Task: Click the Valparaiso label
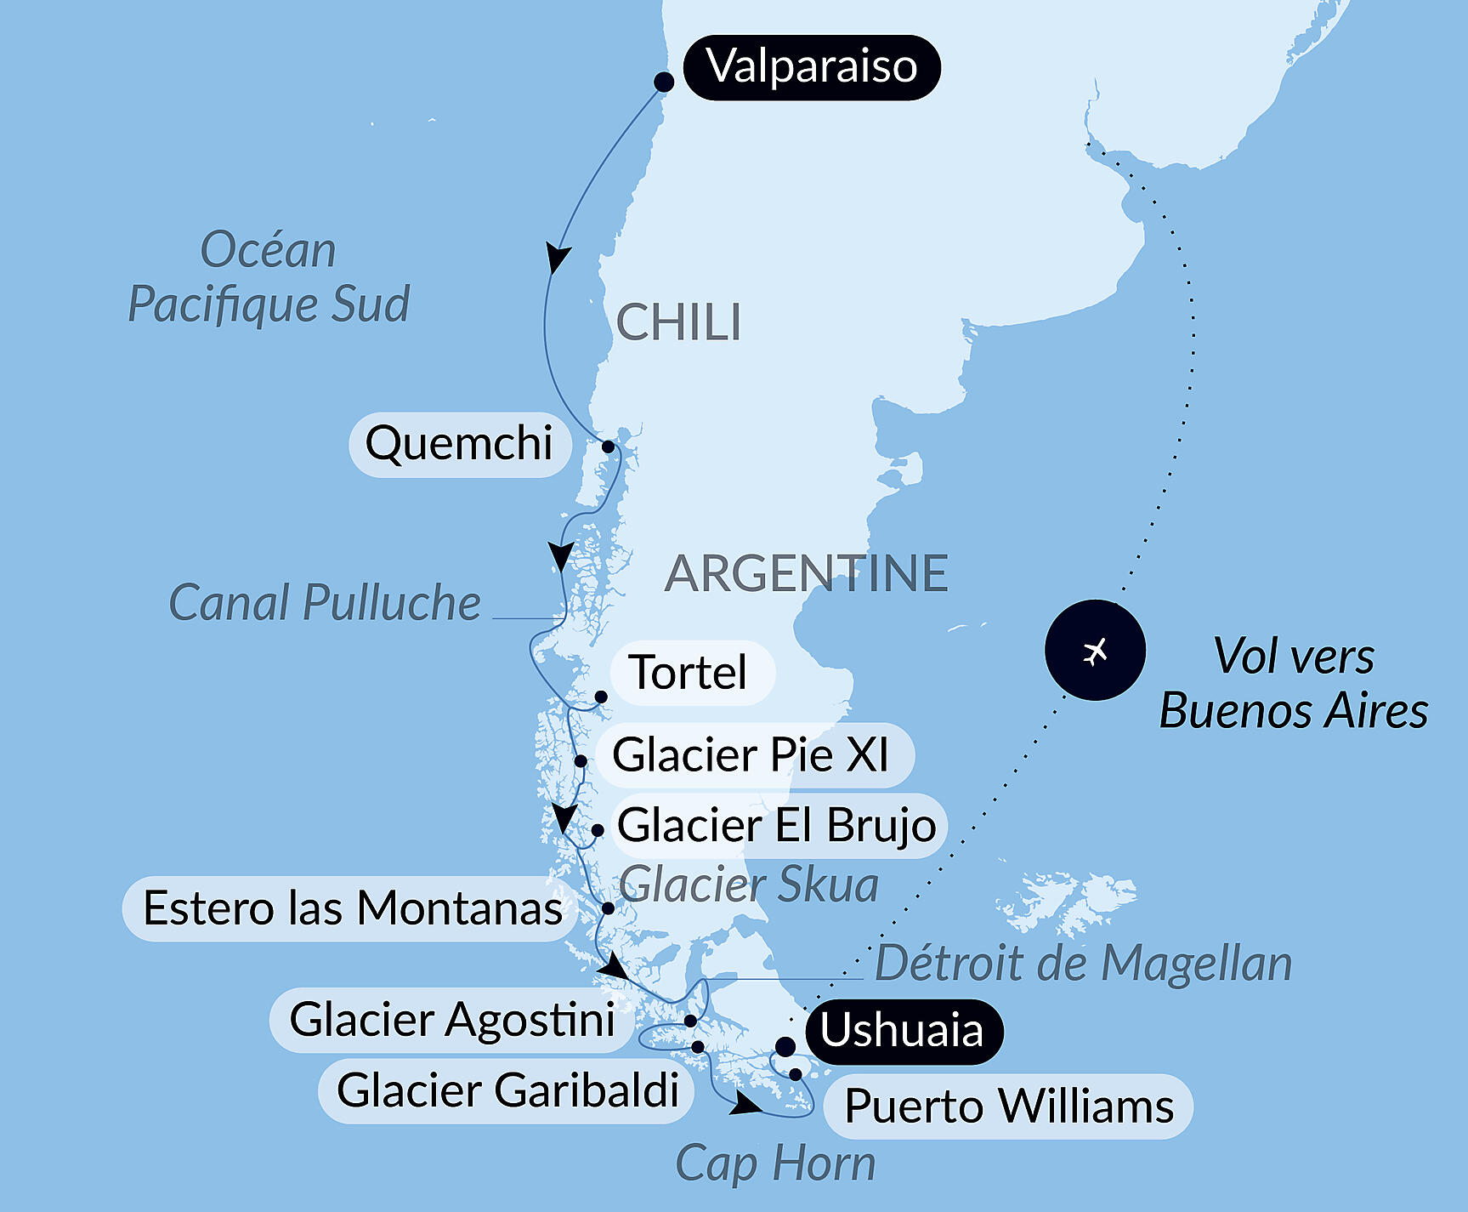812,67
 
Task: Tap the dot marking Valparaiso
664,82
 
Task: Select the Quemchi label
459,444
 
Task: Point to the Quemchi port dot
608,447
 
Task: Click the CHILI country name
678,323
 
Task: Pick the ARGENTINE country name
806,573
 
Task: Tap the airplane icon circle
1095,651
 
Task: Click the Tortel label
690,673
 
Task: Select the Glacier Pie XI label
751,755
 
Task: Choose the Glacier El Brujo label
777,826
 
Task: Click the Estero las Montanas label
352,908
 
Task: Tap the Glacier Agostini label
452,1020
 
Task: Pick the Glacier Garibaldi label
507,1090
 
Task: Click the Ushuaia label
902,1031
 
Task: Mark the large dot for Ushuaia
785,1046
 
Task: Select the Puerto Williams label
1009,1107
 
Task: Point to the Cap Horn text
775,1164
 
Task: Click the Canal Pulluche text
325,603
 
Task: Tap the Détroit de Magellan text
1083,964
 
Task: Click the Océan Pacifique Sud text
269,277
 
